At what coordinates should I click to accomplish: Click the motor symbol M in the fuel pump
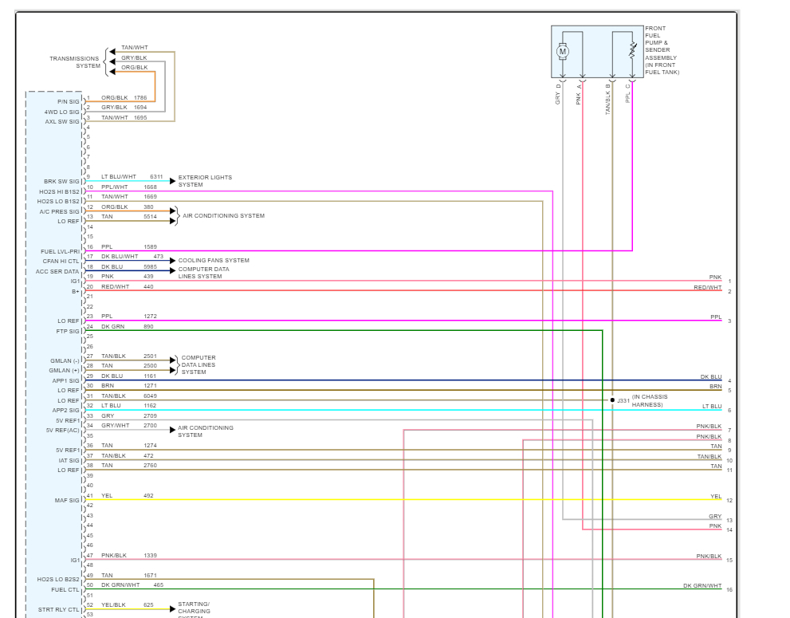pyautogui.click(x=563, y=52)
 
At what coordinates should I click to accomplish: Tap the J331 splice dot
pyautogui.click(x=612, y=400)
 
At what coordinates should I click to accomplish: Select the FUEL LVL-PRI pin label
pyautogui.click(x=61, y=251)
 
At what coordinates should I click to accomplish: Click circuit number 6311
pyautogui.click(x=156, y=177)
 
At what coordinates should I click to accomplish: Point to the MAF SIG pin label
pyautogui.click(x=67, y=500)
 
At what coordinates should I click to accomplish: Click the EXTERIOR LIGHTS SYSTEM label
pyautogui.click(x=205, y=181)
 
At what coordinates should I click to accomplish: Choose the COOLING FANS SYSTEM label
pyautogui.click(x=214, y=261)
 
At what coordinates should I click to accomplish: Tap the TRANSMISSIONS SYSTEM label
pyautogui.click(x=75, y=62)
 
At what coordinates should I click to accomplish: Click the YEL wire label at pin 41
pyautogui.click(x=107, y=496)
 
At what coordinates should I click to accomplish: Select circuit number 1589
pyautogui.click(x=150, y=247)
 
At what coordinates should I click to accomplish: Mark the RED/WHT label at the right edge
pyautogui.click(x=707, y=288)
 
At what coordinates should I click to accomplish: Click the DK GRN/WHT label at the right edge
pyautogui.click(x=702, y=586)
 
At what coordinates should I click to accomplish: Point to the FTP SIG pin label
pyautogui.click(x=67, y=331)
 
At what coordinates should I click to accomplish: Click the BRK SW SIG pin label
pyautogui.click(x=61, y=182)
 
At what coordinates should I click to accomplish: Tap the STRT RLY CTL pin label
pyautogui.click(x=59, y=609)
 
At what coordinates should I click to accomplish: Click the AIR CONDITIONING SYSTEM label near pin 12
pyautogui.click(x=223, y=216)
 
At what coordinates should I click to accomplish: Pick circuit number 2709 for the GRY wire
pyautogui.click(x=150, y=416)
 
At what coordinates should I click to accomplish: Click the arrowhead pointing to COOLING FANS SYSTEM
pyautogui.click(x=171, y=261)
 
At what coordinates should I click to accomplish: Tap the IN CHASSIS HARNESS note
pyautogui.click(x=650, y=400)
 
